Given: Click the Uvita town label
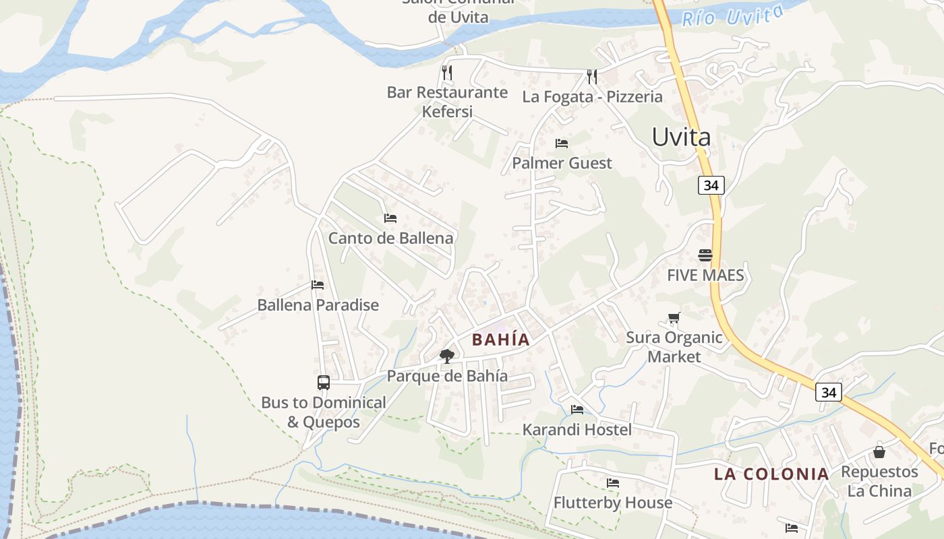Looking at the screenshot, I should coord(681,137).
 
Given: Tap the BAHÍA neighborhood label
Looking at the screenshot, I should coord(500,340).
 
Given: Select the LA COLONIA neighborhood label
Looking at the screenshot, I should coord(771,474).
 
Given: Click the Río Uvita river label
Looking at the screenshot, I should coord(732,15).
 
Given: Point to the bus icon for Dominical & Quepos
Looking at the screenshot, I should coord(324,383).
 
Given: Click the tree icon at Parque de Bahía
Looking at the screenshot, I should coord(446,356).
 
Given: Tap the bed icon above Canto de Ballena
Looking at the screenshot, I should coord(390,218).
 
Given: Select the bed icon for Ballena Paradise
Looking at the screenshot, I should coord(318,285).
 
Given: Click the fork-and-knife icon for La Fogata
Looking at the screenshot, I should coord(592,77).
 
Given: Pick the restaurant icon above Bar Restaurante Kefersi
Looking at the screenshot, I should coord(447,73).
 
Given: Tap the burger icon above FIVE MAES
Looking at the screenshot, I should coord(705,255).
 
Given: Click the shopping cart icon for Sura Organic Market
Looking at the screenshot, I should coord(674,318).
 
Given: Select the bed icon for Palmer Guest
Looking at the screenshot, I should coord(561,144).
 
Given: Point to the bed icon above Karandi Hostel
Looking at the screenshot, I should coord(577,409).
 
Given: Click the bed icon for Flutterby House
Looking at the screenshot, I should coord(613,483).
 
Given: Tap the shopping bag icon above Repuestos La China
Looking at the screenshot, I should coord(879,451).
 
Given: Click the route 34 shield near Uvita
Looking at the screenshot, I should coord(711,185).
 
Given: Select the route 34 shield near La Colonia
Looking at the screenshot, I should coord(828,392).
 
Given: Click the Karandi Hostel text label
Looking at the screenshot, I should coord(577,429).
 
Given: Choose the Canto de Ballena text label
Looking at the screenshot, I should coord(390,238).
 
